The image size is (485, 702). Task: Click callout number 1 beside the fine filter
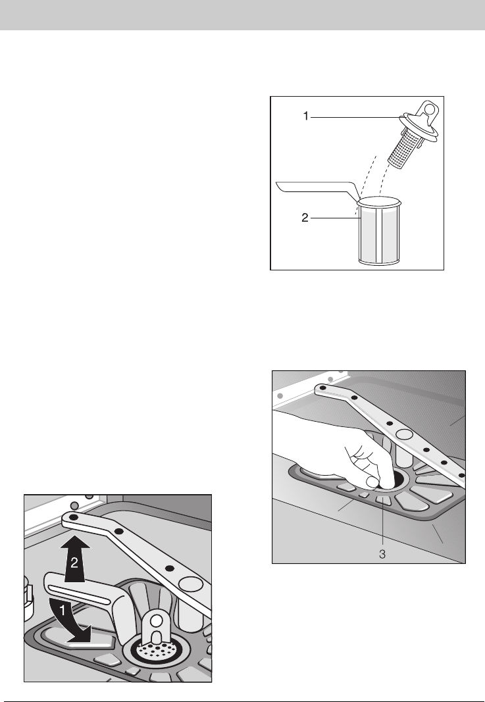click(x=306, y=116)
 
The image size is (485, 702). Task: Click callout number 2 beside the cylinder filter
click(x=305, y=218)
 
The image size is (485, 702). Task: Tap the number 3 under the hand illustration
click(x=382, y=554)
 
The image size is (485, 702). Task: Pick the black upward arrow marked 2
click(x=74, y=558)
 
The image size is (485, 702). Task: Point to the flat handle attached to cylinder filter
click(x=317, y=188)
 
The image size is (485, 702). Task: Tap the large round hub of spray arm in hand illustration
click(x=404, y=434)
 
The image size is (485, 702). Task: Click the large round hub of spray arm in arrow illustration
click(x=190, y=584)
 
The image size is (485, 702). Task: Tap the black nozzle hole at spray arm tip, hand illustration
click(x=322, y=387)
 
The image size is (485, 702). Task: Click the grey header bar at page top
click(x=242, y=14)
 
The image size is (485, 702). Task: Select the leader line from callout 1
click(x=355, y=117)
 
